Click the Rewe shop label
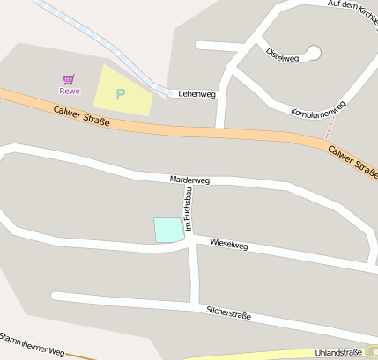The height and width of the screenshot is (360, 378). (x=69, y=91)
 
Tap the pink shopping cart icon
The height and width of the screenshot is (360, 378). (x=69, y=79)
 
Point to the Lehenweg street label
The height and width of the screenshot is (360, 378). (x=196, y=93)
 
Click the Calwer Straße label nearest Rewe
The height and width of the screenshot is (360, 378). (x=81, y=115)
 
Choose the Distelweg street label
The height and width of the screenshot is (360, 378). (x=282, y=53)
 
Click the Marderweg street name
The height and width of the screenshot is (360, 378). (x=189, y=180)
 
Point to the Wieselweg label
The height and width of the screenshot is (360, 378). (x=229, y=244)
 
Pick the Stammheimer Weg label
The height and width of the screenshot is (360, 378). (x=32, y=344)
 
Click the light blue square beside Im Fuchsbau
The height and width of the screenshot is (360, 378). (x=168, y=229)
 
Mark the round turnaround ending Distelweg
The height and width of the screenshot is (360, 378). (x=313, y=53)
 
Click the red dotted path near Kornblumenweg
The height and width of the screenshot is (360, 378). (x=330, y=128)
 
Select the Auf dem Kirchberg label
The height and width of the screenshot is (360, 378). (x=352, y=5)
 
